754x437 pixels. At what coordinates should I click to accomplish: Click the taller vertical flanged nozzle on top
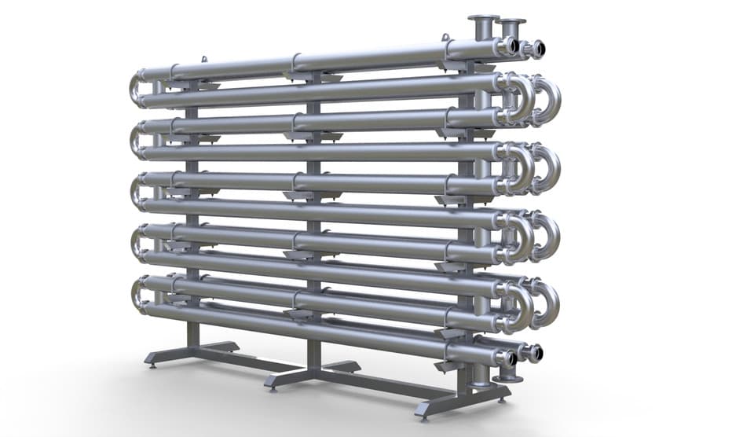[483, 26]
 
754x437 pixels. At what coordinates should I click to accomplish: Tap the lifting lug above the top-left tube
[204, 60]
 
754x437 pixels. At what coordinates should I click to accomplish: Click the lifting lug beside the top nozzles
[445, 37]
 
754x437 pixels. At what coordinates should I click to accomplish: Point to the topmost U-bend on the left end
[136, 89]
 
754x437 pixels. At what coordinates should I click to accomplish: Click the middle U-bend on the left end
[136, 193]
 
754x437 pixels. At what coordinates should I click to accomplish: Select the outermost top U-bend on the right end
[549, 99]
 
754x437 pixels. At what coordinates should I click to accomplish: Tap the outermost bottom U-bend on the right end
[549, 305]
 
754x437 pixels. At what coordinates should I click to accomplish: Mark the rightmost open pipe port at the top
[536, 49]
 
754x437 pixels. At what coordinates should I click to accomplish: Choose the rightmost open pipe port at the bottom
[536, 353]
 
